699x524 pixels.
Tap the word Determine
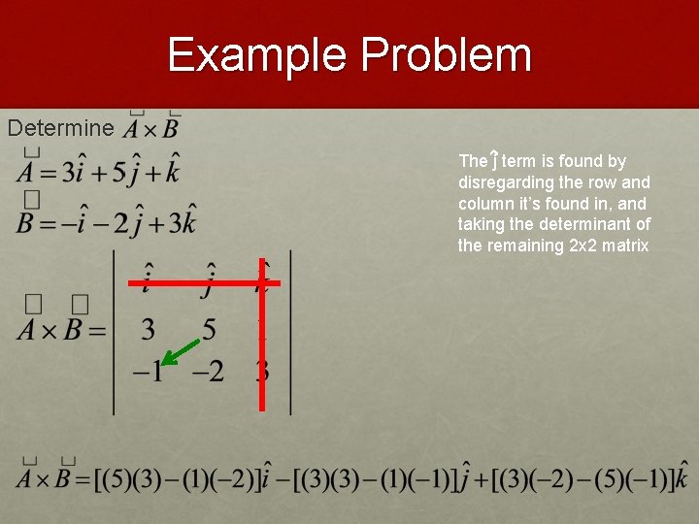click(x=60, y=128)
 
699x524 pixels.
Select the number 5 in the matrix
click(x=209, y=330)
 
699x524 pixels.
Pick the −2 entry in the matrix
click(x=207, y=371)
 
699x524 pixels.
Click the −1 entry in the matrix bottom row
click(x=148, y=371)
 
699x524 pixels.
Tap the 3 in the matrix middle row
click(x=148, y=330)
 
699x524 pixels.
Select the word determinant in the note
click(x=600, y=225)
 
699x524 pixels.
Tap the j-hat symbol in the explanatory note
click(x=494, y=160)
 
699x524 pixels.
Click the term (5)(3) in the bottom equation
click(x=131, y=479)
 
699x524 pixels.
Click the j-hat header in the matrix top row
click(x=207, y=278)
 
